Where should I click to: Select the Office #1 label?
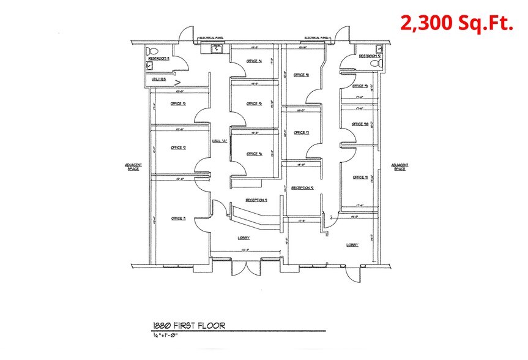tap(178, 218)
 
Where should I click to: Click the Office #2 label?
tap(178, 148)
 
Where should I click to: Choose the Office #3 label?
tap(178, 103)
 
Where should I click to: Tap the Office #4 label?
tap(254, 61)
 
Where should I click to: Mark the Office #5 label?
tap(254, 104)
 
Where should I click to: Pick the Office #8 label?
tap(301, 75)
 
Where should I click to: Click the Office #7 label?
tap(301, 132)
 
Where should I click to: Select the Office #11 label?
tap(360, 178)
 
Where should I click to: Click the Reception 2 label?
tap(302, 187)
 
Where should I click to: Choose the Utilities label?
tap(159, 80)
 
